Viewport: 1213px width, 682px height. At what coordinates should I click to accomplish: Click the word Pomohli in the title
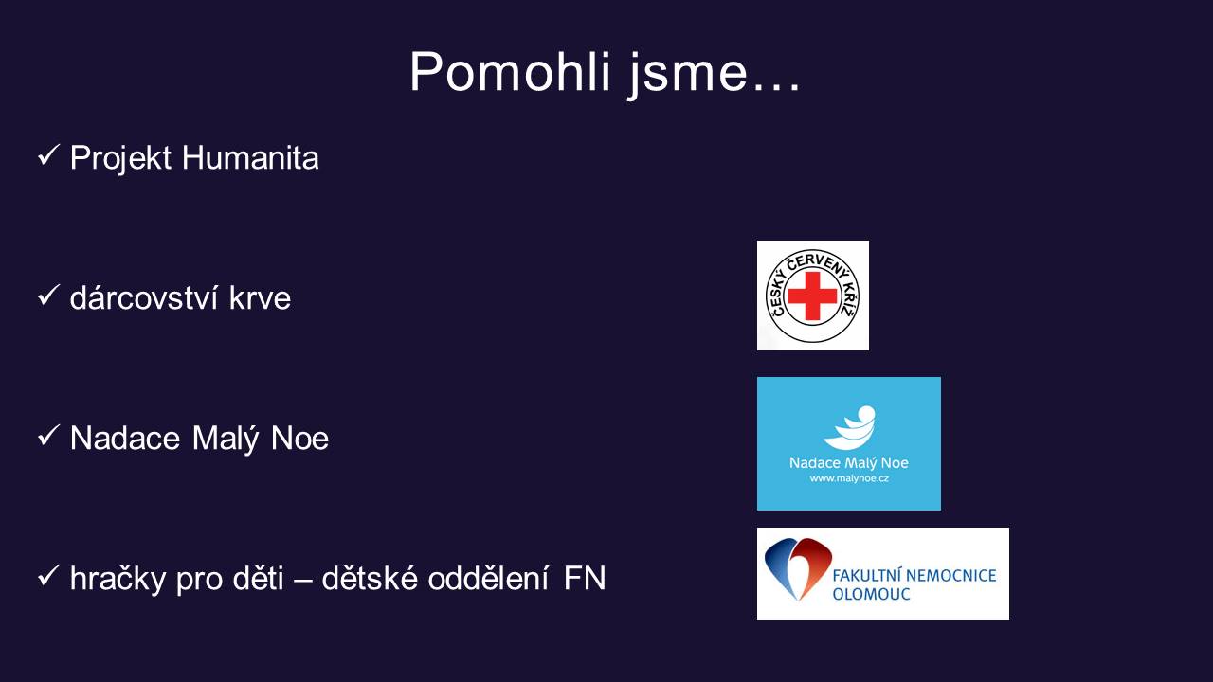click(x=510, y=72)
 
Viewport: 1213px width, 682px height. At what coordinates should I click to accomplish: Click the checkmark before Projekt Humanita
click(x=48, y=155)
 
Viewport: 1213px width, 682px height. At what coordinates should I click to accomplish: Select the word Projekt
click(x=120, y=158)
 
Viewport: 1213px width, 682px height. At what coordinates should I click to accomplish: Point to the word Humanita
click(x=250, y=158)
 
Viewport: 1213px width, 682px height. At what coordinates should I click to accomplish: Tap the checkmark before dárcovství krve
click(x=48, y=296)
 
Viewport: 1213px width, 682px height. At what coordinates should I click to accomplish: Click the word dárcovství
click(x=143, y=297)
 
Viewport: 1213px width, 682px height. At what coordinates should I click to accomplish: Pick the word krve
click(x=260, y=298)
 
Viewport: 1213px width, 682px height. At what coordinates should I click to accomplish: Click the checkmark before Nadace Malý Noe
click(x=48, y=436)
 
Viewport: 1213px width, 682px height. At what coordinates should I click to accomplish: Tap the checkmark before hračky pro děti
click(x=48, y=576)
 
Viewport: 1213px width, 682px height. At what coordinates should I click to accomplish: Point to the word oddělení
click(x=488, y=578)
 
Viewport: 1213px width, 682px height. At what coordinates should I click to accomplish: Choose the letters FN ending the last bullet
click(x=585, y=578)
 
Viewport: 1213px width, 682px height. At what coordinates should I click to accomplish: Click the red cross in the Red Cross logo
click(x=812, y=296)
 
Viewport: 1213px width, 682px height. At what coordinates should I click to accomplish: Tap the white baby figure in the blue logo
click(x=850, y=427)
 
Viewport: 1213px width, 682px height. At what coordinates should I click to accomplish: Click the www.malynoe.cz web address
click(x=849, y=478)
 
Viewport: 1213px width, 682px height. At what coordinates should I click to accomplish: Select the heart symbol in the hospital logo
click(x=798, y=568)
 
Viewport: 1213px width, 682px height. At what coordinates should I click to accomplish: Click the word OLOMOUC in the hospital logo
click(x=871, y=594)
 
